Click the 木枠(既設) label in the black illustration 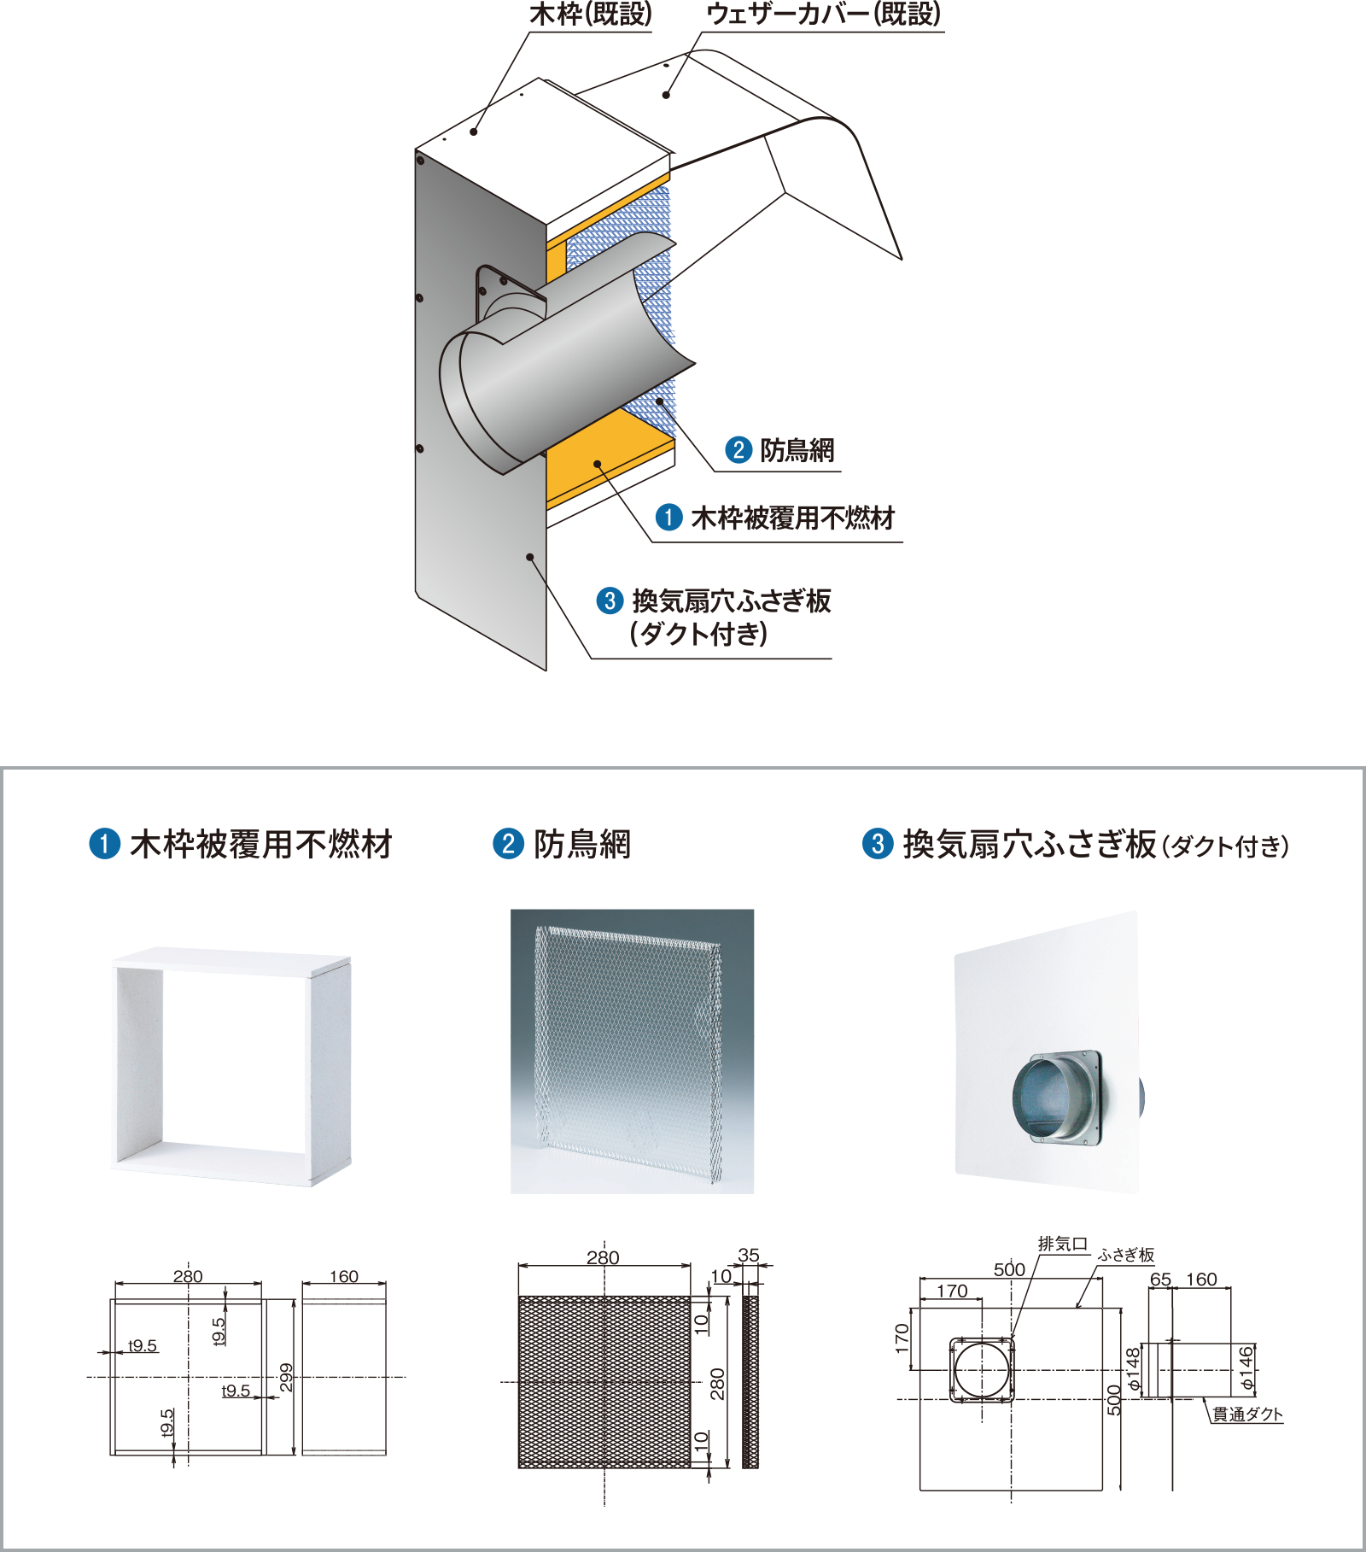[x=590, y=15]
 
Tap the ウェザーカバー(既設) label [x=824, y=15]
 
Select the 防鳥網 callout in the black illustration [x=797, y=450]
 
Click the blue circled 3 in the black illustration [x=610, y=600]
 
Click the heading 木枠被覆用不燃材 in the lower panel [x=260, y=845]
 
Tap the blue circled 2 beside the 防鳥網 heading [x=508, y=844]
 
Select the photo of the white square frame [x=231, y=1067]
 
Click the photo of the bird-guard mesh [x=632, y=1051]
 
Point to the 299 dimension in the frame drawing [x=287, y=1377]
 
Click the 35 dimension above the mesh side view [x=749, y=1255]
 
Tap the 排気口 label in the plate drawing [x=1062, y=1244]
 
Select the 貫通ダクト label [x=1247, y=1414]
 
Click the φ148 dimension [x=1133, y=1369]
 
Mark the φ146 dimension [x=1246, y=1368]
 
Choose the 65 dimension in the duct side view [x=1160, y=1280]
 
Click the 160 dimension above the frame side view [x=344, y=1276]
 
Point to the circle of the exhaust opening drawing [x=982, y=1370]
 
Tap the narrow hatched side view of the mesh [x=750, y=1382]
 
